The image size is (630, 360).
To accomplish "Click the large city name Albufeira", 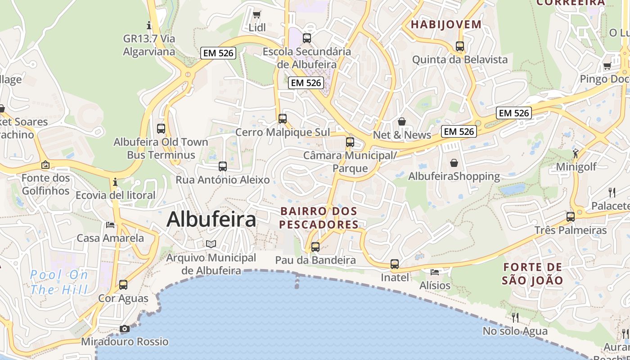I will pos(211,220).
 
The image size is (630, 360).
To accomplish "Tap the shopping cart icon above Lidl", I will pos(257,14).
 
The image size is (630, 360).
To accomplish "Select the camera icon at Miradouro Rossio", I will pos(125,329).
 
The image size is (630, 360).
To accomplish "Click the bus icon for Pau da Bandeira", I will pos(315,247).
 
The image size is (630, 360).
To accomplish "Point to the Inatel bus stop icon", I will pos(395,264).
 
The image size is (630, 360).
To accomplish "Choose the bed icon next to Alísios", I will pos(435,272).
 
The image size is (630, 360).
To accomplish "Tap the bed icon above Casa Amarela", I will pos(110,225).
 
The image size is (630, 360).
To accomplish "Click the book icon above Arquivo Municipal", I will pos(211,244).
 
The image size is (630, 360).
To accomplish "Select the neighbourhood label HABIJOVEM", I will pos(446,24).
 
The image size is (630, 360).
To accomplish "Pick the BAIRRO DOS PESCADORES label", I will pos(319,218).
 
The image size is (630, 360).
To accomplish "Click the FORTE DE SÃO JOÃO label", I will pos(532,274).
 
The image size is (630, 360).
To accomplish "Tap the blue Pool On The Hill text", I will pos(59,282).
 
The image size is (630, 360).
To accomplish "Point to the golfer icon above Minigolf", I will pos(576,153).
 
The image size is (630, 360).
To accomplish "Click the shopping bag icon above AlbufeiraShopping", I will pos(454,162).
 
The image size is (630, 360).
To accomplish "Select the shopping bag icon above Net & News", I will pos(402,121).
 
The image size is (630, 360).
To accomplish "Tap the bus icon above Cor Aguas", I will pos(123,284).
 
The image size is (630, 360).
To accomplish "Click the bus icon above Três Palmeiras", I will pos(571,216).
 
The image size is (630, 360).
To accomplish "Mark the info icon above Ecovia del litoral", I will pos(115,182).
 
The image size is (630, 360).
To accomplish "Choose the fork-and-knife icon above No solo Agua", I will pos(515,318).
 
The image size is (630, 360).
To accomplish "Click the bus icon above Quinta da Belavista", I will pos(460,46).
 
